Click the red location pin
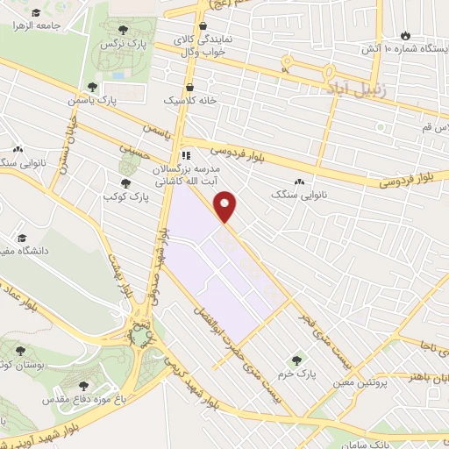227,205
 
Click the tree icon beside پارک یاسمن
92,87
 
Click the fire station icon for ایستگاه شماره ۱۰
405,35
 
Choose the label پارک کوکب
127,196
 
